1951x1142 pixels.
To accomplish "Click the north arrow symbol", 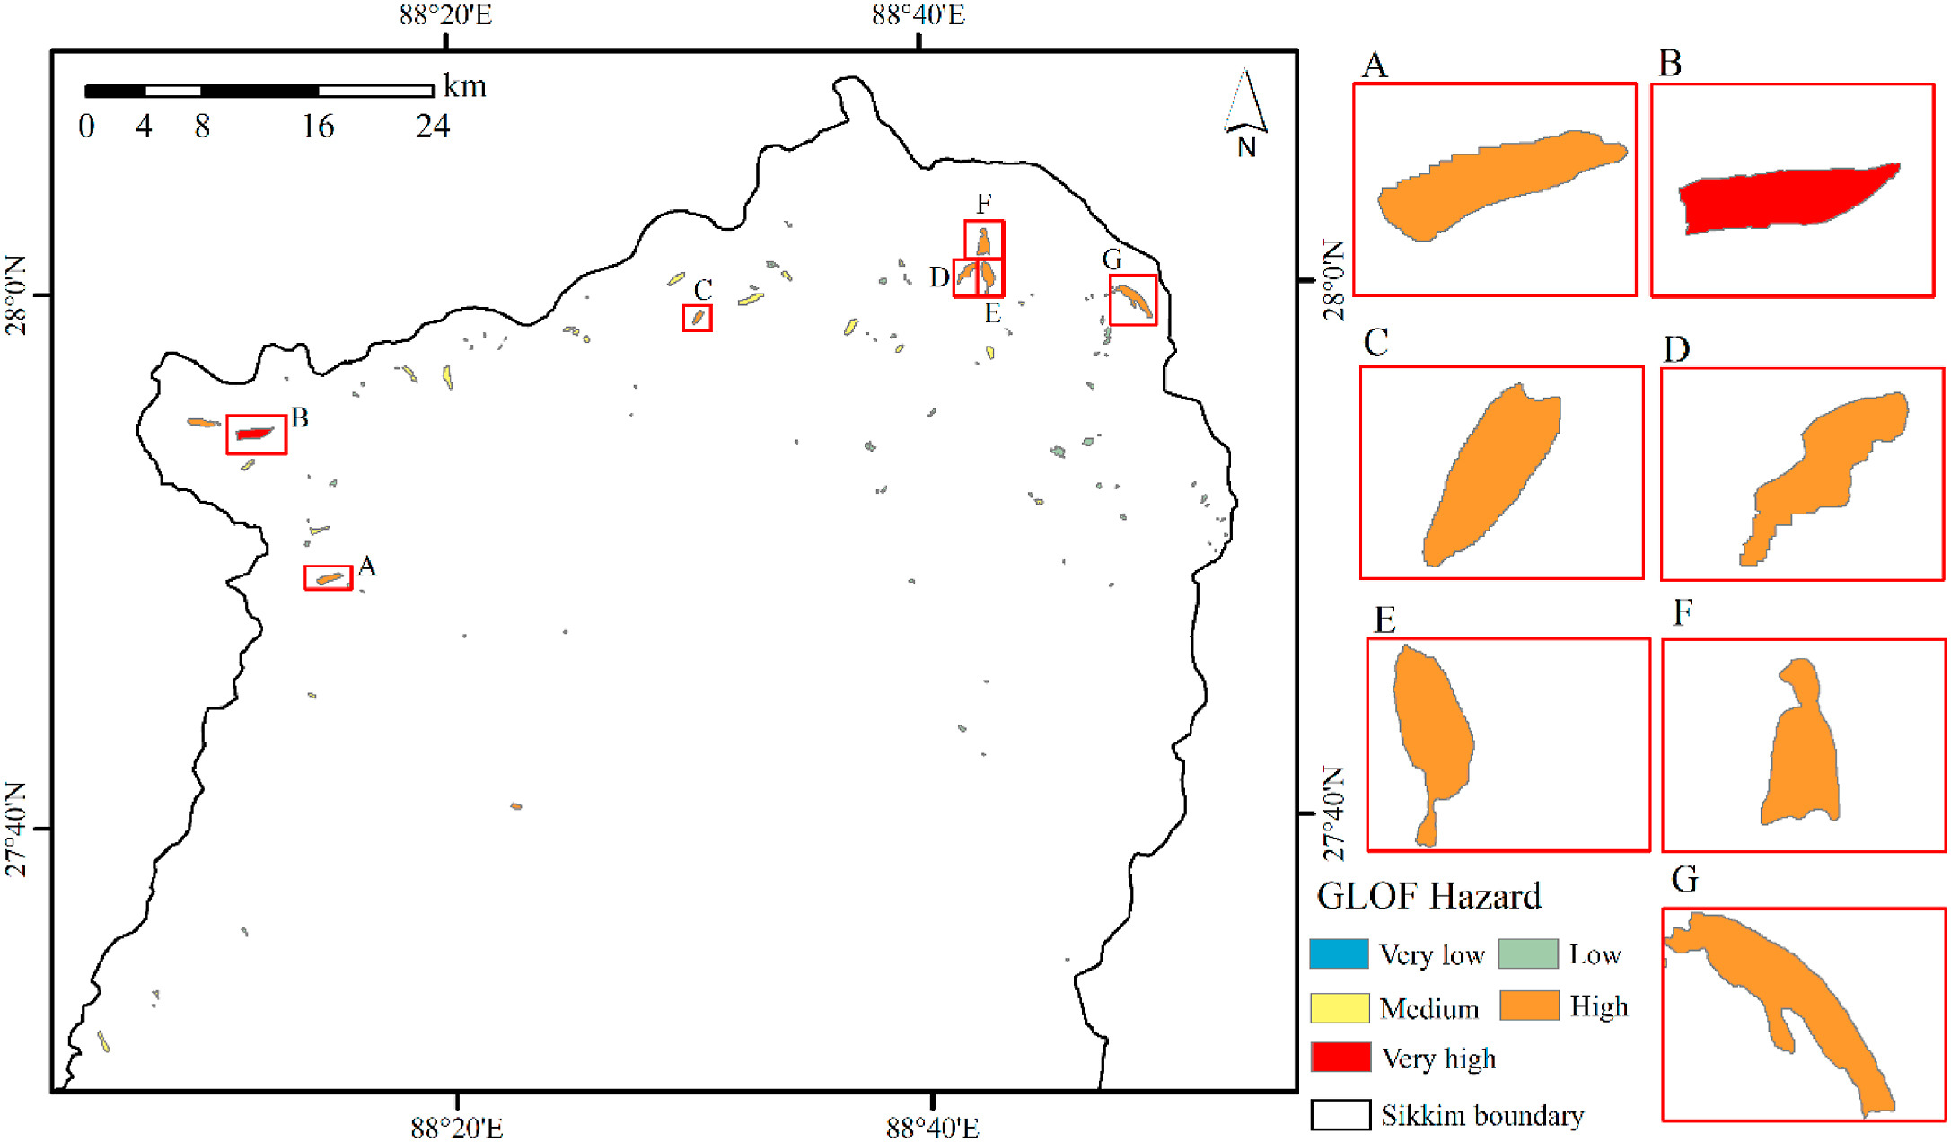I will pyautogui.click(x=1245, y=108).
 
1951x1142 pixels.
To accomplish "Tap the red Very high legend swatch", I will pyautogui.click(x=1340, y=1057).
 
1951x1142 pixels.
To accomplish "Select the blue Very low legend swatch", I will pyautogui.click(x=1338, y=953).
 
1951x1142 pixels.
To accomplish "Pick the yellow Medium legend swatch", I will pyautogui.click(x=1339, y=1007).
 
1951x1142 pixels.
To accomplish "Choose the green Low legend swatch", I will pyautogui.click(x=1528, y=953).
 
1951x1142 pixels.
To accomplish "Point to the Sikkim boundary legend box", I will pyautogui.click(x=1340, y=1114).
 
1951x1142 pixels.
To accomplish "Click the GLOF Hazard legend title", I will pyautogui.click(x=1428, y=896).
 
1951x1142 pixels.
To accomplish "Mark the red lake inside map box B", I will pyautogui.click(x=254, y=434).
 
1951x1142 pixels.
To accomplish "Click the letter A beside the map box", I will pyautogui.click(x=366, y=566).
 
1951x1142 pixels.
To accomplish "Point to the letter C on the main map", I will pyautogui.click(x=703, y=290).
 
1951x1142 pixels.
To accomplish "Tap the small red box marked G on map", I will pyautogui.click(x=1132, y=300).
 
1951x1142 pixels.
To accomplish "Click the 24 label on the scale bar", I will pyautogui.click(x=432, y=127).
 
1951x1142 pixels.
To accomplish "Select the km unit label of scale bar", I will pyautogui.click(x=465, y=86).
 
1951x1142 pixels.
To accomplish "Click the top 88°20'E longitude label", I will pyautogui.click(x=445, y=15).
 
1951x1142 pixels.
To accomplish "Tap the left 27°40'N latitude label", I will pyautogui.click(x=17, y=829).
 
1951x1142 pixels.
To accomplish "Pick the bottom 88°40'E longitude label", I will pyautogui.click(x=932, y=1128).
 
